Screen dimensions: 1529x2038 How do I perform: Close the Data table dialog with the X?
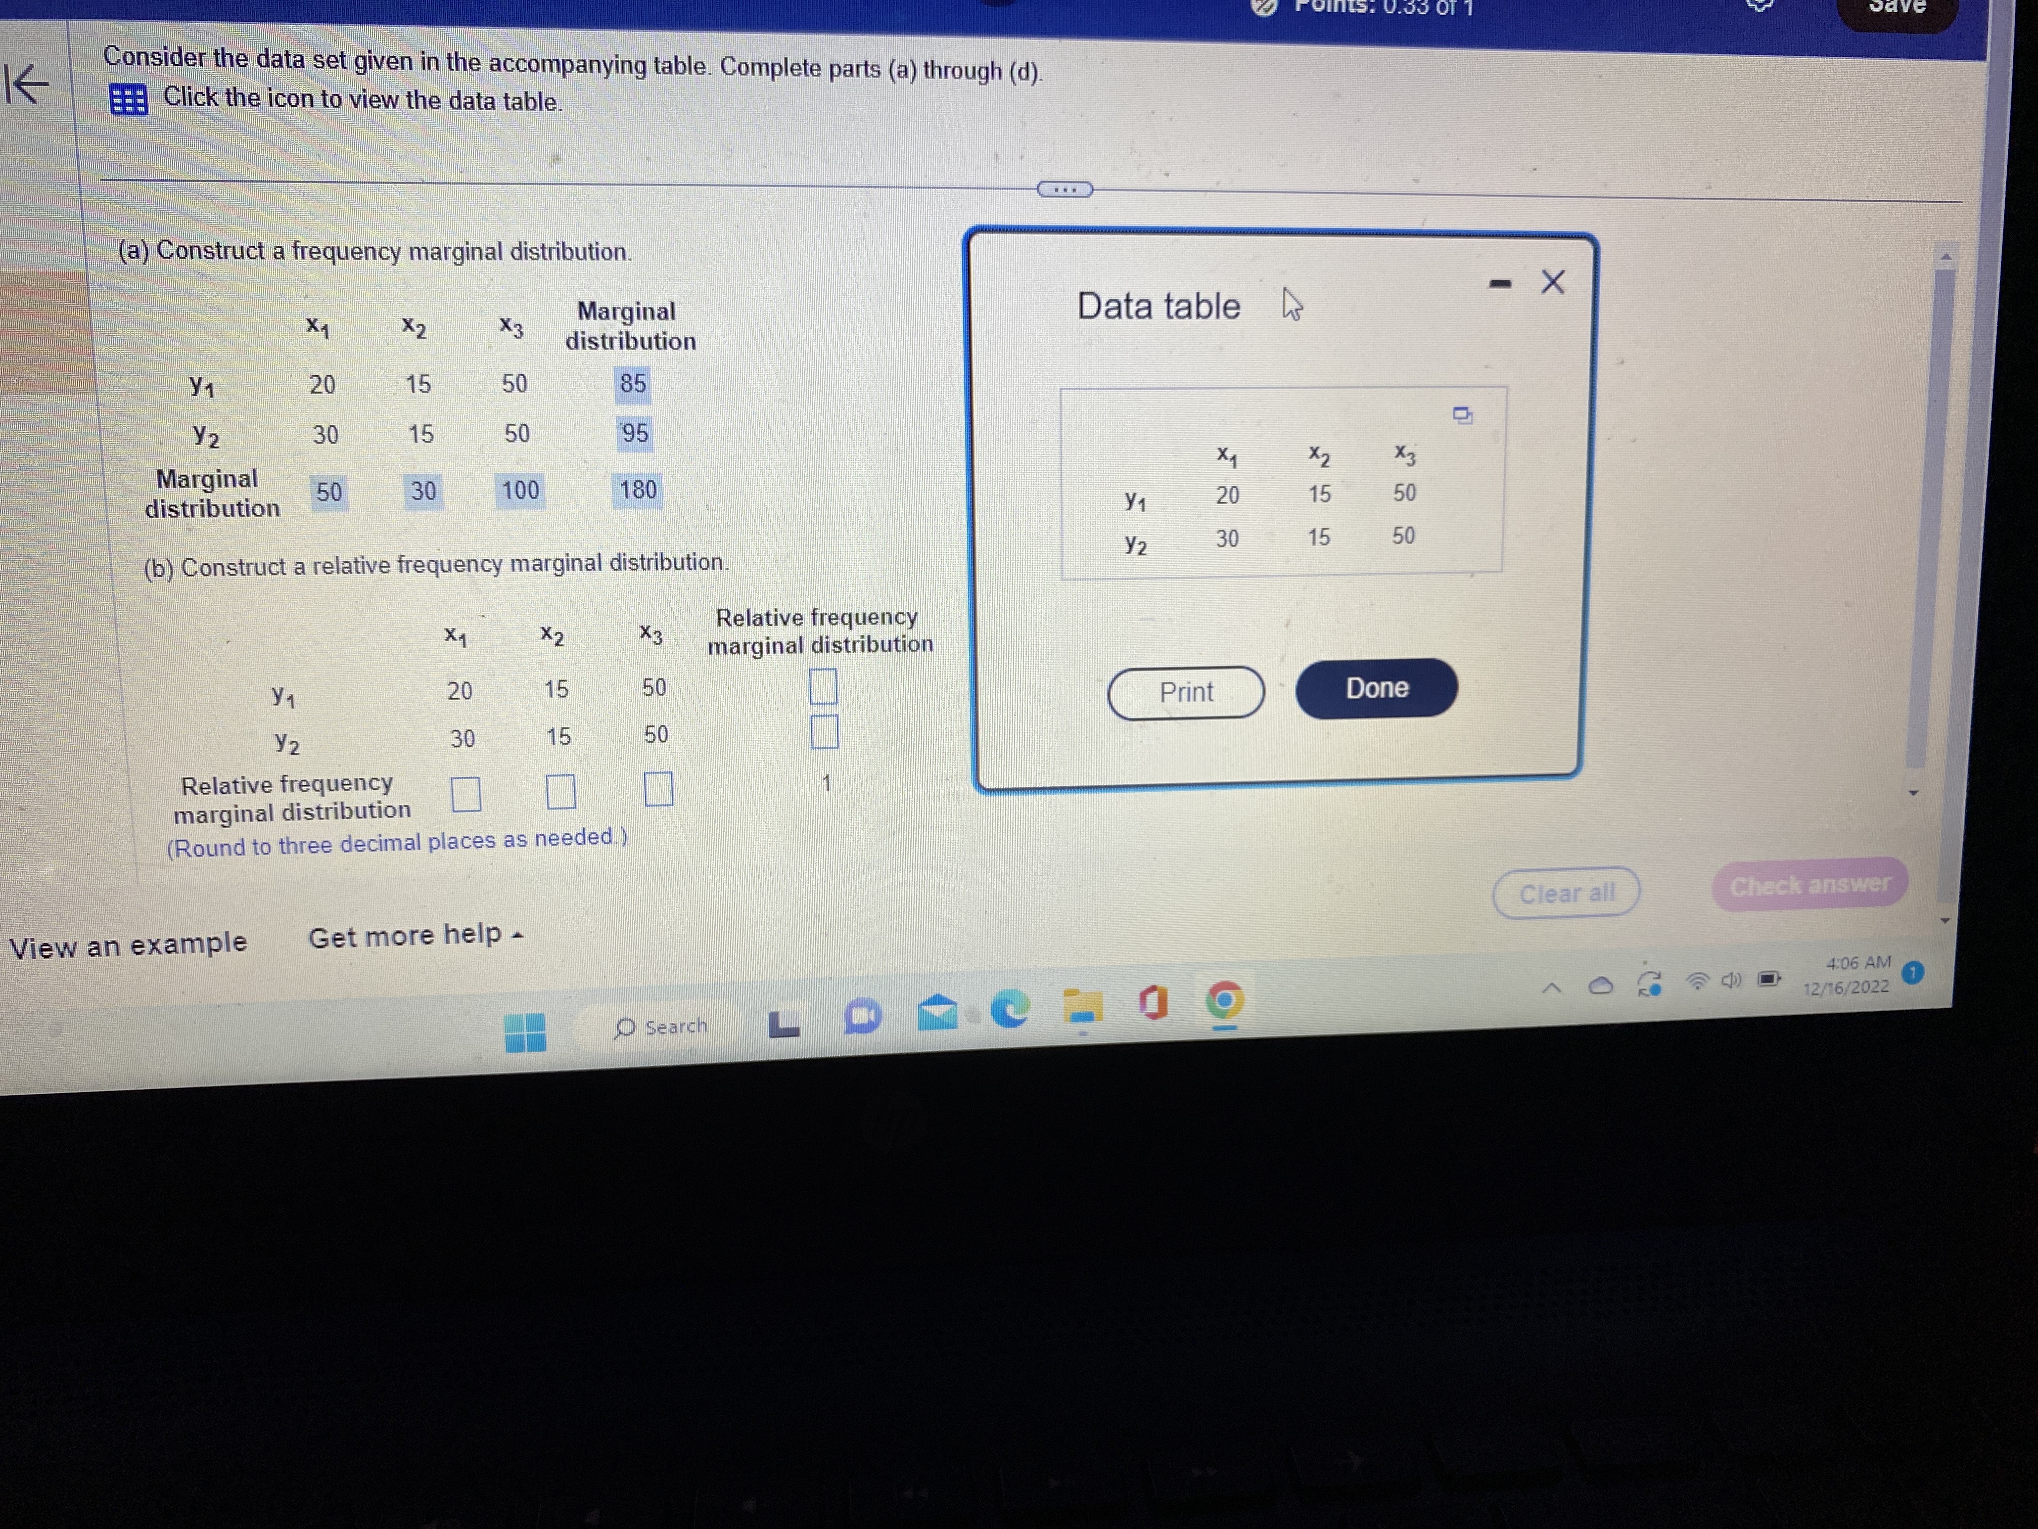pyautogui.click(x=1552, y=282)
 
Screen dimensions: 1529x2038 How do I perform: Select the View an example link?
pyautogui.click(x=128, y=945)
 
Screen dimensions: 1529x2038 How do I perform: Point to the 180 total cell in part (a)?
pyautogui.click(x=637, y=489)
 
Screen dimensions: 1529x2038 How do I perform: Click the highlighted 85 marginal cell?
pyautogui.click(x=633, y=383)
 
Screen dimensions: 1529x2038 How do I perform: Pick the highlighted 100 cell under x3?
pyautogui.click(x=520, y=490)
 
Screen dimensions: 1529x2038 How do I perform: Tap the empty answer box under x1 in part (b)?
pyautogui.click(x=466, y=793)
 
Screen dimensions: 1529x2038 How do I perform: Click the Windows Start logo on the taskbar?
pyautogui.click(x=525, y=1031)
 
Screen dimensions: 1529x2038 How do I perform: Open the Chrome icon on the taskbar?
pyautogui.click(x=1224, y=1001)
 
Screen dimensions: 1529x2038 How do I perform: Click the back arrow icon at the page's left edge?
pyautogui.click(x=28, y=85)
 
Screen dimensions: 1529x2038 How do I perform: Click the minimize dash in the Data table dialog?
pyautogui.click(x=1500, y=284)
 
